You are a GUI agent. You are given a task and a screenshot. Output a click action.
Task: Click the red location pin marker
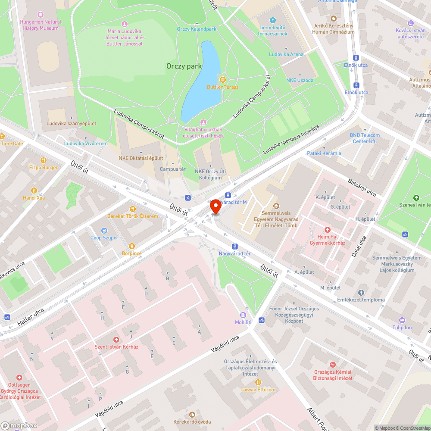point(215,207)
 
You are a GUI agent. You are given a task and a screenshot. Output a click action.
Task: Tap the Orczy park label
point(184,66)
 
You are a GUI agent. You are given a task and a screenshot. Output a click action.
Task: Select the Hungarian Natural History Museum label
point(40,25)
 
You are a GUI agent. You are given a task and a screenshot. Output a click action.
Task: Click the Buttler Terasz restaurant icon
point(222,79)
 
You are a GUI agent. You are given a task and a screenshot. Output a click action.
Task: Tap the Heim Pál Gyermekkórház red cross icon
point(328,230)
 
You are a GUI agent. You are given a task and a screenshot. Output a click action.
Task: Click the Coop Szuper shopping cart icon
point(103,231)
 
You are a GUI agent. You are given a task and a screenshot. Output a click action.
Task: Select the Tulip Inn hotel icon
point(402,320)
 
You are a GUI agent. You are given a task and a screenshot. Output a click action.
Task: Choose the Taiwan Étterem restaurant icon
point(258,382)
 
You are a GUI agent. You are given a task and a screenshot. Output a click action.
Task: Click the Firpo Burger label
point(43,168)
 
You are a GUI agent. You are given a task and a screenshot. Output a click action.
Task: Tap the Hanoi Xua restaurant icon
point(34,191)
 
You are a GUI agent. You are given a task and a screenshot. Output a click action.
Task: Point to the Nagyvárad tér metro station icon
point(234,247)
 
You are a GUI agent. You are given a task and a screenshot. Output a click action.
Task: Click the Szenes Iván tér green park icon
point(416,198)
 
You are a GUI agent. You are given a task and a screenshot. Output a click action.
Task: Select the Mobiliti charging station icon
point(243,315)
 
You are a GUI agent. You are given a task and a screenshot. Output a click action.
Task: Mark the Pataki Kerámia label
point(324,153)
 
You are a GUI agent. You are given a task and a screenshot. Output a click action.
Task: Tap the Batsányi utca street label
point(362,187)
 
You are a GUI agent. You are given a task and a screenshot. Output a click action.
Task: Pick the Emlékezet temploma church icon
point(361,293)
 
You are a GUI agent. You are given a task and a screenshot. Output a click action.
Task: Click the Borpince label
point(131,253)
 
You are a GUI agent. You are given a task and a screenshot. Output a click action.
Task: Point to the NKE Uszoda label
point(300,81)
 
